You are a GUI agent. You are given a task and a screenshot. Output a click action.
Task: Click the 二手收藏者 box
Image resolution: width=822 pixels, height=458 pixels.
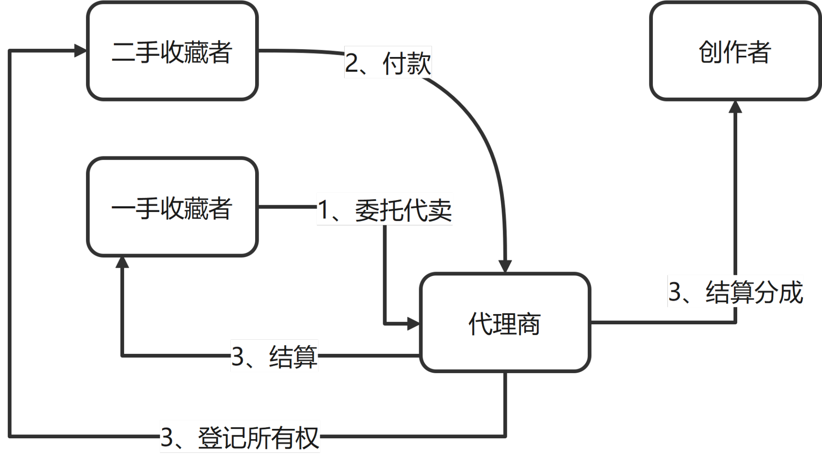(x=172, y=51)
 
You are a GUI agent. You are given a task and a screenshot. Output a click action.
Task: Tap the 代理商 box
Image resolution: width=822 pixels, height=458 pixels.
(x=505, y=323)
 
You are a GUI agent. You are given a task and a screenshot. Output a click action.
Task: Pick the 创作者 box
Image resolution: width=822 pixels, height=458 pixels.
(x=735, y=51)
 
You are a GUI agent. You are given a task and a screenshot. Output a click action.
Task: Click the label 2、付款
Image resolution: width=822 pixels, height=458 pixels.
(x=388, y=63)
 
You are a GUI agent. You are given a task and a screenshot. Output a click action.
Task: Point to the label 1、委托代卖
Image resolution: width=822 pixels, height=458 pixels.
(x=384, y=209)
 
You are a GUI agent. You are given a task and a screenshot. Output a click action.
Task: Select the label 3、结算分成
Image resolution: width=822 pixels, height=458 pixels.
(x=735, y=291)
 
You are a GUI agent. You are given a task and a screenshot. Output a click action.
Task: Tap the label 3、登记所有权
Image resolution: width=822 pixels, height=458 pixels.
(x=240, y=437)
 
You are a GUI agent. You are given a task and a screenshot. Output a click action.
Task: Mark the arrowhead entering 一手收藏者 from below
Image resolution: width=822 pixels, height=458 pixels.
(x=122, y=263)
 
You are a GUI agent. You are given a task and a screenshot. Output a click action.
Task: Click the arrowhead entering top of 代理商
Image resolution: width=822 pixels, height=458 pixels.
(x=506, y=266)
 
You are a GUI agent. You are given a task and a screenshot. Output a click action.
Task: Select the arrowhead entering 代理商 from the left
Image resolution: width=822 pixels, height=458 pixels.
(x=413, y=323)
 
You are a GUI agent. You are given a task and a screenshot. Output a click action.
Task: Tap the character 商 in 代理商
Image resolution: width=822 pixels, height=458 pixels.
(x=529, y=323)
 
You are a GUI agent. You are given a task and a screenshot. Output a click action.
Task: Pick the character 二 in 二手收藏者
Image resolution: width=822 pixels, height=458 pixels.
(x=124, y=51)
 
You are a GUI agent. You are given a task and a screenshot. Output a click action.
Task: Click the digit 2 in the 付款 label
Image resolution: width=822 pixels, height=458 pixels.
(x=352, y=63)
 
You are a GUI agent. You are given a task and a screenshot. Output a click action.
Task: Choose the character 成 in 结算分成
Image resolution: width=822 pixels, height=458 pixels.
(x=790, y=291)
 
